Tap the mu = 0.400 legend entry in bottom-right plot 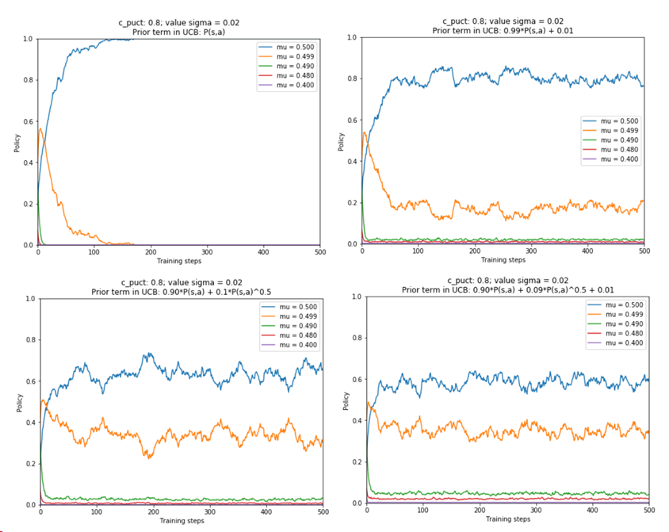(x=614, y=343)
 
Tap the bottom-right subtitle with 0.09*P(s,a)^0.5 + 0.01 (x=507, y=289)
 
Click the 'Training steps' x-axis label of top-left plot (x=178, y=261)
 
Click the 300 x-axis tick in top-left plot (x=207, y=252)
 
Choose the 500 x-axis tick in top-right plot (x=644, y=252)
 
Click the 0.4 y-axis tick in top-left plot (x=28, y=163)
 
